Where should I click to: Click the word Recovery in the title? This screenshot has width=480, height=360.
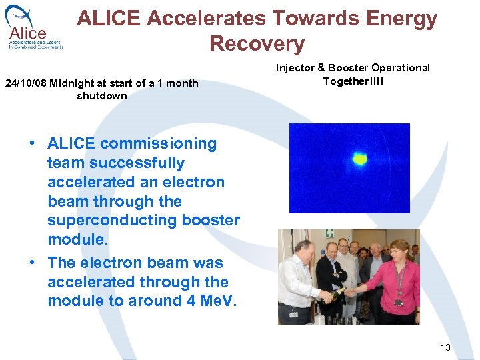coord(257,44)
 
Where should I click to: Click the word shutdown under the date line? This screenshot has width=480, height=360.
coord(101,96)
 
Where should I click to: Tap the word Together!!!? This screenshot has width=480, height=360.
coord(353,81)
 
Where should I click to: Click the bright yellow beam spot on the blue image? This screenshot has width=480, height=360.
coord(359,159)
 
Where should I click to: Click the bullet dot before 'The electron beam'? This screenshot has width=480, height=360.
coord(32,263)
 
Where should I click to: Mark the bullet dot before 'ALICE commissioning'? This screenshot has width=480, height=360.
coord(32,144)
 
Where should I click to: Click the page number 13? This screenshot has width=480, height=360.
coord(445,347)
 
